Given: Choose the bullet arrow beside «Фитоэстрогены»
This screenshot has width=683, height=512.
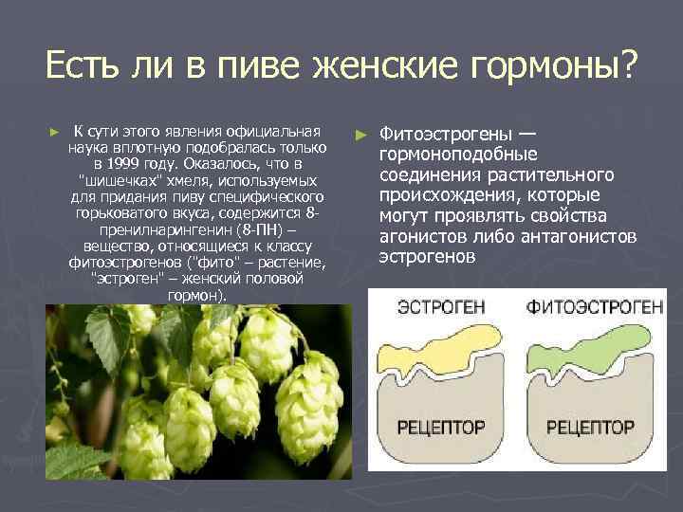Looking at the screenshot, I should coord(360,133).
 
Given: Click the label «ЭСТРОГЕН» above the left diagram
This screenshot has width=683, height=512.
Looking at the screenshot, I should coord(429,307).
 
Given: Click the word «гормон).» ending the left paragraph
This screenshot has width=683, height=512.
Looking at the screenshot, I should coord(197,296).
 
